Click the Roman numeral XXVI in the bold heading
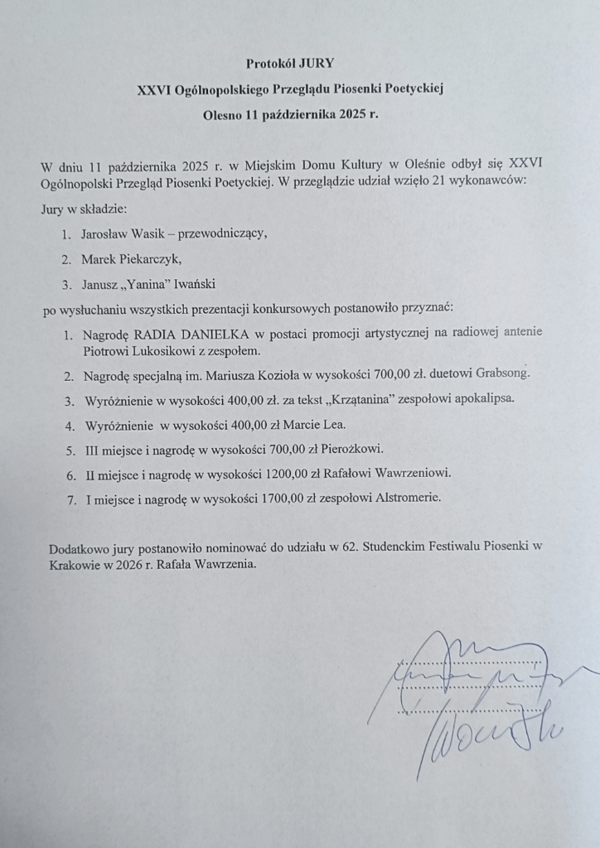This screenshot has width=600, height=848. coord(155,89)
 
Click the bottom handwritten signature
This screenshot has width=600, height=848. coord(489,733)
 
